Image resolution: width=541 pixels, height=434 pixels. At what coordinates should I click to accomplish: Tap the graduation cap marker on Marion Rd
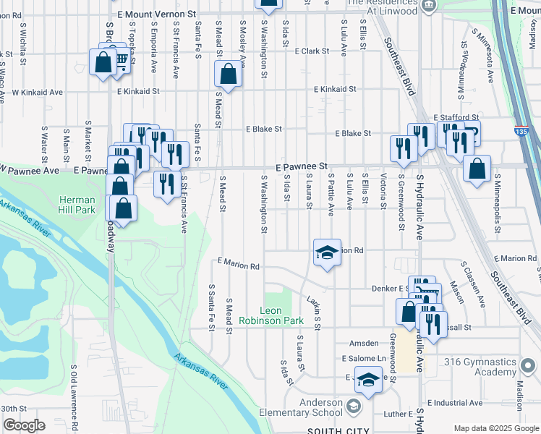click(327, 252)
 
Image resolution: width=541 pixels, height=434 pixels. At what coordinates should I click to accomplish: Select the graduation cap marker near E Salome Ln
click(368, 380)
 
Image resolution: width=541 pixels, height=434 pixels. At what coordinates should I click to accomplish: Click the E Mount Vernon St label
click(157, 14)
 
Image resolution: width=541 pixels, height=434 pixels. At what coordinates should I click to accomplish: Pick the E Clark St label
click(312, 51)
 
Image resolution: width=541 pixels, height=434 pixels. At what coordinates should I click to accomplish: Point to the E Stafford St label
click(456, 117)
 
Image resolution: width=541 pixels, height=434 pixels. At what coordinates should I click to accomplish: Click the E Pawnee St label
click(302, 166)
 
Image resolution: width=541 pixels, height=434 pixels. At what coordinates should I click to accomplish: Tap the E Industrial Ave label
click(455, 402)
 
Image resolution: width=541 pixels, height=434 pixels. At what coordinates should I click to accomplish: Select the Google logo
click(24, 425)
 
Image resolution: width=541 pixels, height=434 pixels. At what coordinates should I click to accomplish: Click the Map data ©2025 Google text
click(495, 428)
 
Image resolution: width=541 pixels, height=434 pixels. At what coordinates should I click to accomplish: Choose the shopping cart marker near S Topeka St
click(120, 61)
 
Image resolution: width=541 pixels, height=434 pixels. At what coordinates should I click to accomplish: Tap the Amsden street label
click(364, 343)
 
